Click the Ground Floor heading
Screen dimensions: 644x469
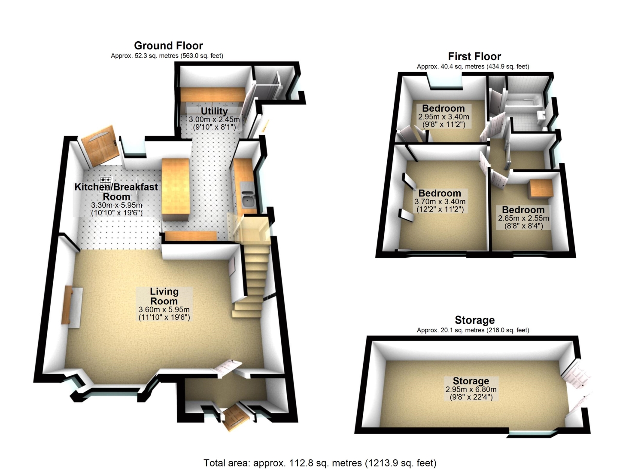coord(168,46)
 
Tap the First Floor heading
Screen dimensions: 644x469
coord(474,56)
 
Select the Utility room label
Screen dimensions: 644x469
coord(214,111)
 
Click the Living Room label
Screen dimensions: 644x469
coord(164,296)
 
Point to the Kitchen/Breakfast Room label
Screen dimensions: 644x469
coord(116,192)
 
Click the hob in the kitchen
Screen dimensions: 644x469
coord(106,180)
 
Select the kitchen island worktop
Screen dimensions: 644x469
coord(175,190)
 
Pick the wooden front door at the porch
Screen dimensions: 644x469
coord(235,416)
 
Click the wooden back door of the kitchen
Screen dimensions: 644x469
coord(100,147)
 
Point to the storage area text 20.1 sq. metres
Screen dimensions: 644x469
coord(473,330)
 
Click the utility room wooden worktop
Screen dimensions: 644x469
coord(213,95)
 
